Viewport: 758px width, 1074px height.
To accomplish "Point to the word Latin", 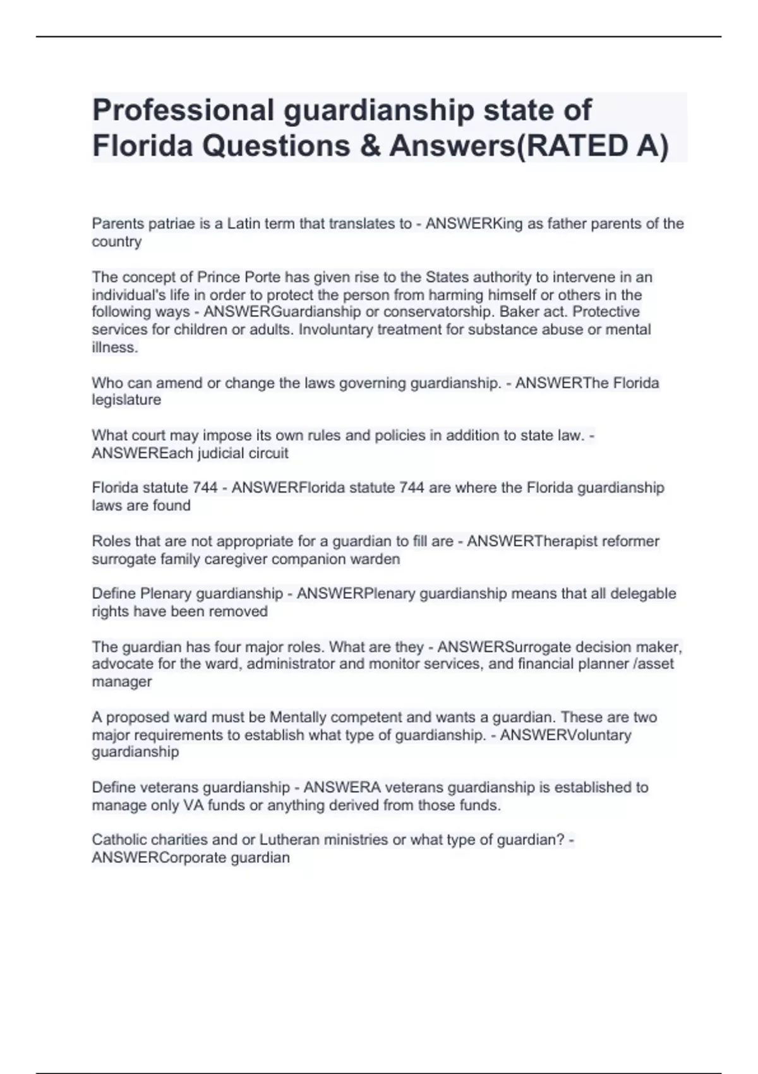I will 244,224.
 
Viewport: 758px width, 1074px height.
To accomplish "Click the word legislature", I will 126,400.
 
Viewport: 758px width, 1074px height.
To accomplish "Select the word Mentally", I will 295,718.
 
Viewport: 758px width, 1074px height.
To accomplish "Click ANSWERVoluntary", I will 565,735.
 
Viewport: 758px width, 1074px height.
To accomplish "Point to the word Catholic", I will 119,840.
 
